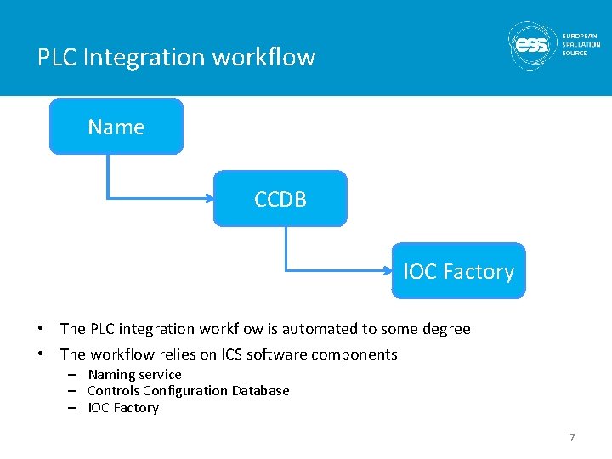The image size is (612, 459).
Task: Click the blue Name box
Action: click(x=116, y=127)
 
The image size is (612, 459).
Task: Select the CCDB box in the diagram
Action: click(x=280, y=199)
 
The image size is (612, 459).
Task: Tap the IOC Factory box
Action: click(x=458, y=271)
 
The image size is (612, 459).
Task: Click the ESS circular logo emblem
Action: click(x=533, y=45)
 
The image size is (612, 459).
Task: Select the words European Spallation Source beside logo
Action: click(x=581, y=44)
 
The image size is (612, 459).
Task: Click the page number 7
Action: click(x=572, y=438)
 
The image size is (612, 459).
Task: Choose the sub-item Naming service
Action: click(x=134, y=375)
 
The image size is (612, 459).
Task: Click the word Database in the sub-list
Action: click(x=260, y=391)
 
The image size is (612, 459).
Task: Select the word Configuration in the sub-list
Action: click(x=185, y=391)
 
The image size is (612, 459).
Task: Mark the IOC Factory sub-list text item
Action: click(x=123, y=408)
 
